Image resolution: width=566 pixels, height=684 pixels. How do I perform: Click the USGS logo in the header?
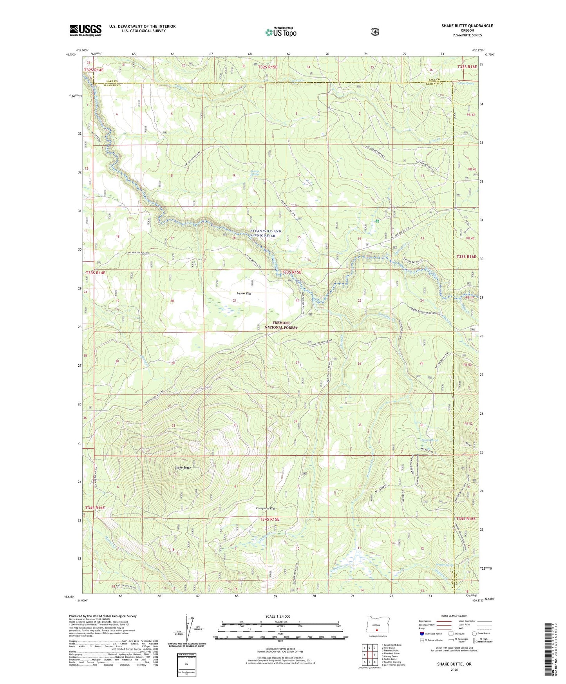(x=85, y=30)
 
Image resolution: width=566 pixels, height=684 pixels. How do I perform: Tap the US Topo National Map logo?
(x=280, y=32)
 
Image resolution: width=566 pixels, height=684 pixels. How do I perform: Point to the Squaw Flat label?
(x=244, y=293)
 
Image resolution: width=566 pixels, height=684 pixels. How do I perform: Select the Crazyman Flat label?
(x=263, y=508)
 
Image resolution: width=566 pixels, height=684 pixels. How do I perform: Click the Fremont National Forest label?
(x=281, y=325)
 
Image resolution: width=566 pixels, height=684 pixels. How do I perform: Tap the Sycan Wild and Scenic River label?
(x=266, y=233)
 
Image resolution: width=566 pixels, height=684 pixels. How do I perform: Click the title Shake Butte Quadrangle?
(x=467, y=26)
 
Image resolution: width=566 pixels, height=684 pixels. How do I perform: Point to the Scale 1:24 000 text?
(x=278, y=616)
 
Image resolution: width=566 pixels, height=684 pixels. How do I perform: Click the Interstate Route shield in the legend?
(x=421, y=633)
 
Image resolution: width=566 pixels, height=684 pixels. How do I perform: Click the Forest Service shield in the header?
(x=375, y=32)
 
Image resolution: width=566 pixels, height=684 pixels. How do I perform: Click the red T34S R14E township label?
(x=95, y=508)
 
